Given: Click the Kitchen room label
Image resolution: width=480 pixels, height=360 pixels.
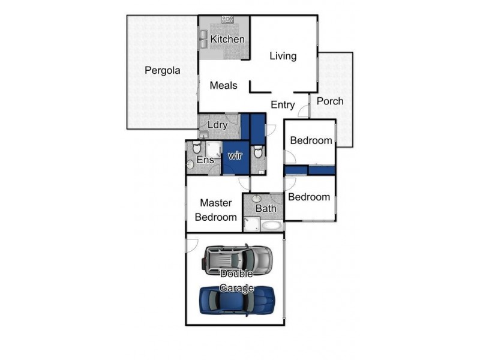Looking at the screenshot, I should [227, 39].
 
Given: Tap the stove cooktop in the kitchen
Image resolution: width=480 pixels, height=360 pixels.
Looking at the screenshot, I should [227, 20].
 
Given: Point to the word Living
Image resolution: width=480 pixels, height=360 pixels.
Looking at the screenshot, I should [283, 56].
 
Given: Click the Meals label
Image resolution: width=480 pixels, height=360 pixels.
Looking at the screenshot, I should [223, 85].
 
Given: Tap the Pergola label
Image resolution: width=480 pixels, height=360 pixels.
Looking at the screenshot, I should [163, 70].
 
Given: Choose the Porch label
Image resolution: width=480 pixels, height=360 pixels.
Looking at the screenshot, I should [330, 101].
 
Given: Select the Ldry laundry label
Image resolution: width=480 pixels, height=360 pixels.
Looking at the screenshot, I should [217, 125].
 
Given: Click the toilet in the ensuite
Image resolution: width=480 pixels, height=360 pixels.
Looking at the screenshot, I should [197, 148].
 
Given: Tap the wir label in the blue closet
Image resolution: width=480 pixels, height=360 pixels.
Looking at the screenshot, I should [235, 155].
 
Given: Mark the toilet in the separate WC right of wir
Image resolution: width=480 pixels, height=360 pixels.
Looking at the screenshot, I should [258, 152].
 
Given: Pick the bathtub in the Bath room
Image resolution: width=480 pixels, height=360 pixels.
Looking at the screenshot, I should [271, 226].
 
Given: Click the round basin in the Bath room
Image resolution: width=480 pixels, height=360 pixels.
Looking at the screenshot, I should [257, 199].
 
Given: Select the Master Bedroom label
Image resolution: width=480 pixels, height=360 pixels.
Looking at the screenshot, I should [215, 210].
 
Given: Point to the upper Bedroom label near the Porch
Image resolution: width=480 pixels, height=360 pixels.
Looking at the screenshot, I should [311, 140].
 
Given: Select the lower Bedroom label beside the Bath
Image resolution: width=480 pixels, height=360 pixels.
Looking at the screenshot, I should [309, 197].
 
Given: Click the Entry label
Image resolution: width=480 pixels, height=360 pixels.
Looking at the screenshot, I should [283, 105].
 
